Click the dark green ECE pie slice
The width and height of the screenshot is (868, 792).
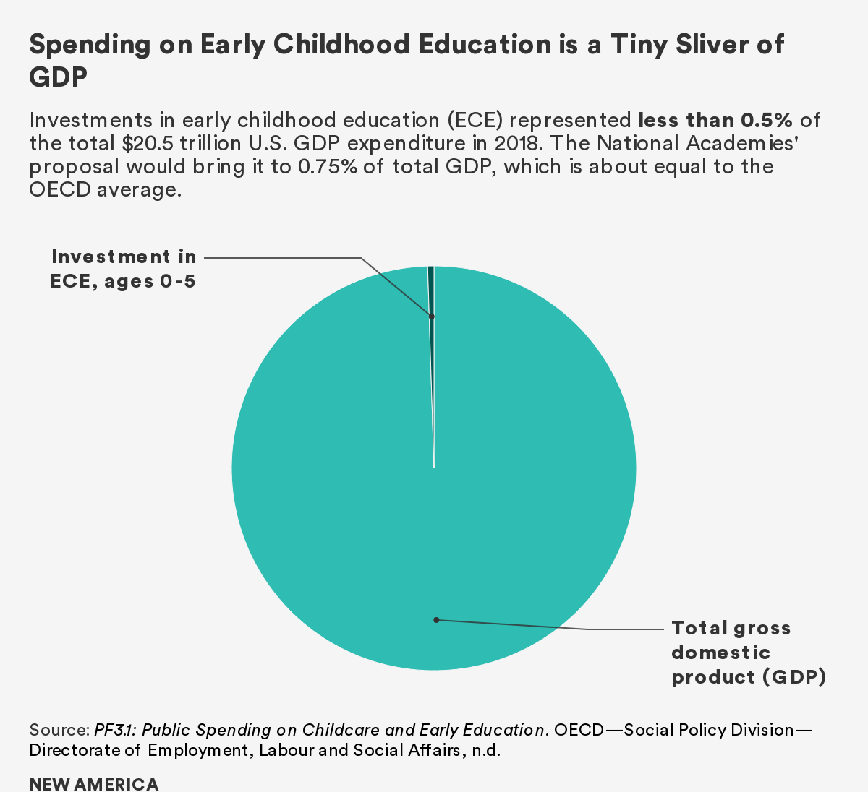pos(431,289)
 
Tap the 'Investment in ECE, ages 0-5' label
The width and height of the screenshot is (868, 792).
pos(124,268)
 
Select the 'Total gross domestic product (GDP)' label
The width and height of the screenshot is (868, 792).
pos(748,653)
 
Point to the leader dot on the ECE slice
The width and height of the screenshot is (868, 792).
pos(432,317)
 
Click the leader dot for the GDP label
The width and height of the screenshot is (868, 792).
pos(436,619)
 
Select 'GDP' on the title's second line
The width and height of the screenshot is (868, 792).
pos(58,77)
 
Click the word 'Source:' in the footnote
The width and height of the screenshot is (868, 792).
pos(59,730)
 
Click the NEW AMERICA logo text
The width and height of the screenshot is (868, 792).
pos(94,784)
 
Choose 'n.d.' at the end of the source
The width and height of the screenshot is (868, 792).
pos(486,750)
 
